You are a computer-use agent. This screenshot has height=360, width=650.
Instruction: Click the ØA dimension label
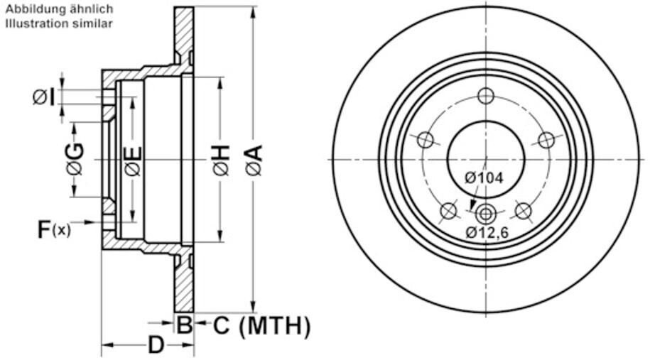coord(254,160)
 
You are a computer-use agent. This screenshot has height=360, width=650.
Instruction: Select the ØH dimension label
coord(221,160)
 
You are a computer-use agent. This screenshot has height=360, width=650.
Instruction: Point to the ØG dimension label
coord(75,159)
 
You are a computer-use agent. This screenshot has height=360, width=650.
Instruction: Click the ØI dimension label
coord(44,98)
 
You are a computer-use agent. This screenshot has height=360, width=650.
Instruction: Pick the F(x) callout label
coord(54,229)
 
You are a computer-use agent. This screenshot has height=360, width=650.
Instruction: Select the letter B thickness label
coord(184,325)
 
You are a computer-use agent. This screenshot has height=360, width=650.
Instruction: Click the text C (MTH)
coord(261,326)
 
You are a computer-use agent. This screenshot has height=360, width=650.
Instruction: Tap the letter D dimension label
coord(156,344)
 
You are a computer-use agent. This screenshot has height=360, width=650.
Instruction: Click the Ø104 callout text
coord(484,178)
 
